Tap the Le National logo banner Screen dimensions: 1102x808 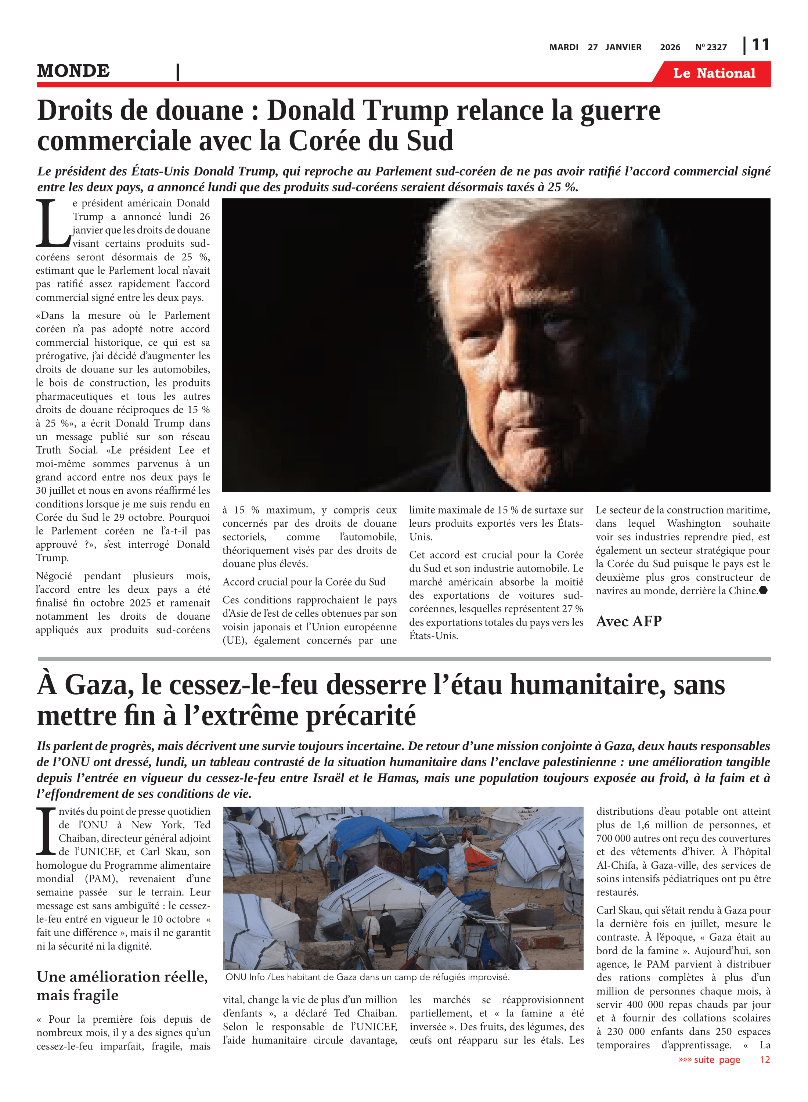[x=714, y=73]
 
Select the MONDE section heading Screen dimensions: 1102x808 [x=73, y=71]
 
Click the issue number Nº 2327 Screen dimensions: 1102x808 [x=711, y=47]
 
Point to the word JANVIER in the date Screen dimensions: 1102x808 [x=623, y=47]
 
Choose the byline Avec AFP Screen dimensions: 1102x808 [x=628, y=621]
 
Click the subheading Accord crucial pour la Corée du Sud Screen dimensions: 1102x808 [x=304, y=581]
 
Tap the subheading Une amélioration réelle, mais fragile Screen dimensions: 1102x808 [x=122, y=985]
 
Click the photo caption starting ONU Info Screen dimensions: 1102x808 [x=367, y=977]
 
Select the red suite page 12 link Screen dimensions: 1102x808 [x=724, y=1059]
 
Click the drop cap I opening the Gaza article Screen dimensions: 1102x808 [x=46, y=832]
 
